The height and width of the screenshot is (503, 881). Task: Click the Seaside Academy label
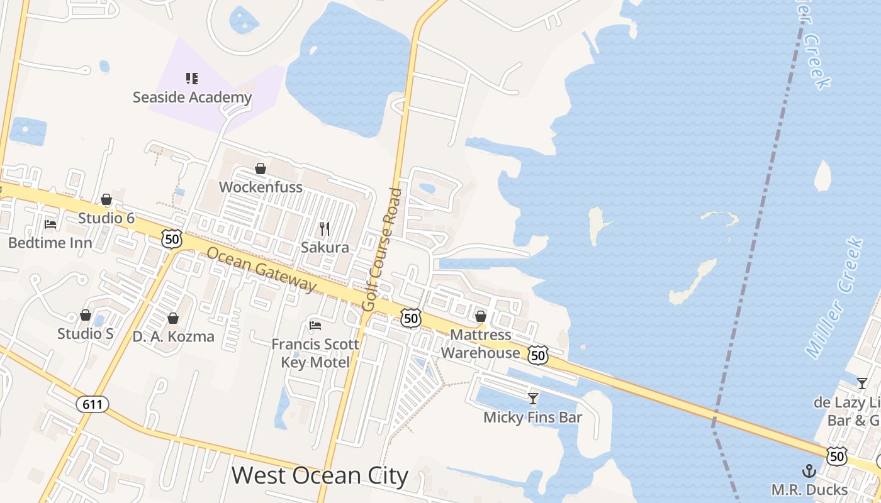pyautogui.click(x=192, y=97)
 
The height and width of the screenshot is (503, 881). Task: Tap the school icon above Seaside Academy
pyautogui.click(x=192, y=79)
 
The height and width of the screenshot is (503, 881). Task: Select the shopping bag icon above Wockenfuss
pyautogui.click(x=261, y=169)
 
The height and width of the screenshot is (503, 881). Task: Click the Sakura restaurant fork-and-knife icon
pyautogui.click(x=325, y=228)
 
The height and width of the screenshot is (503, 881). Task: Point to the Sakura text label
pyautogui.click(x=325, y=247)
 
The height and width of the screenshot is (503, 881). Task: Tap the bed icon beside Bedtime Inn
pyautogui.click(x=50, y=224)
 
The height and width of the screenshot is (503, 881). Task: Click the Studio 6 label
pyautogui.click(x=106, y=218)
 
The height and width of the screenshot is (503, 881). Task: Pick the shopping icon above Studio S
pyautogui.click(x=86, y=315)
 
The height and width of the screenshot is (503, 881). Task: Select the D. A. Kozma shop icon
pyautogui.click(x=173, y=319)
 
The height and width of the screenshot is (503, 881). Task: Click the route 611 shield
pyautogui.click(x=93, y=404)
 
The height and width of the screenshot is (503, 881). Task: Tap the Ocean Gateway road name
pyautogui.click(x=261, y=269)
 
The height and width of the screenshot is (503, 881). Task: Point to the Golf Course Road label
pyautogui.click(x=382, y=249)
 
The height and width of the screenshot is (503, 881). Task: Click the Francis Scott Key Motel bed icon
pyautogui.click(x=315, y=325)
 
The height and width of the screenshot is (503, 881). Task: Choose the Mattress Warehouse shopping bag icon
pyautogui.click(x=481, y=316)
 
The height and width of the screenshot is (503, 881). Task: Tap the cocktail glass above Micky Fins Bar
pyautogui.click(x=533, y=398)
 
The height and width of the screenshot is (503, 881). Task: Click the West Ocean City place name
pyautogui.click(x=320, y=476)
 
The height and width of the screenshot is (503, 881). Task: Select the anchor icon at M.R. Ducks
pyautogui.click(x=809, y=471)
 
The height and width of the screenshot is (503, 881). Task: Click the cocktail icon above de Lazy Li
pyautogui.click(x=862, y=383)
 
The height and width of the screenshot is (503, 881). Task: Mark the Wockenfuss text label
pyautogui.click(x=261, y=187)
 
